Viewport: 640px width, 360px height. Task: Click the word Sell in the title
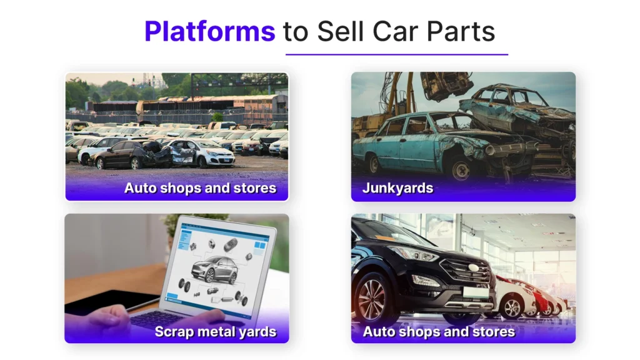(x=340, y=31)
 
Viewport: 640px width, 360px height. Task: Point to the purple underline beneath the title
(x=397, y=54)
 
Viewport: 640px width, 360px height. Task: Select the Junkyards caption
(x=397, y=188)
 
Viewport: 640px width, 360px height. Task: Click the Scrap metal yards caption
(x=216, y=332)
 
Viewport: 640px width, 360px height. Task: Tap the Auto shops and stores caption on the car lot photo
(x=201, y=188)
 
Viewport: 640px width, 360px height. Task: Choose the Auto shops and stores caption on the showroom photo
(x=439, y=332)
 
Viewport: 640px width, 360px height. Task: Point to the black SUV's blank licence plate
(x=476, y=292)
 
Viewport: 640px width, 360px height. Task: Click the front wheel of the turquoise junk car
(x=462, y=167)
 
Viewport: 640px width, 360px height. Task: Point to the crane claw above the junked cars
(x=444, y=85)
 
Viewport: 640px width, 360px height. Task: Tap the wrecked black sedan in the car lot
(x=130, y=154)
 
